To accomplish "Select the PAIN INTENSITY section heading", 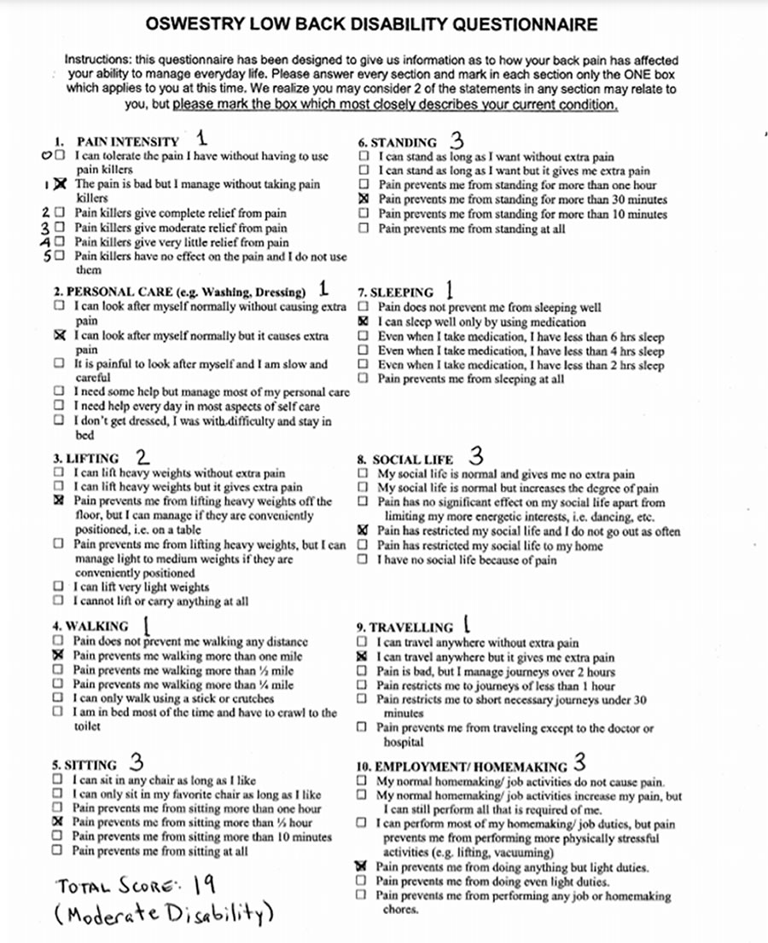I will [128, 142].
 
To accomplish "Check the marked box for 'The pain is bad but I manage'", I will [59, 184].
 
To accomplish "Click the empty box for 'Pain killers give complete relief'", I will [59, 213].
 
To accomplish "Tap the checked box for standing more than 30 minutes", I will [364, 199].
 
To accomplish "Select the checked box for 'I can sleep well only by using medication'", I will [364, 322].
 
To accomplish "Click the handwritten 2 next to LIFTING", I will [143, 457].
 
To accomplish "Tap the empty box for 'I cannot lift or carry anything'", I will [58, 601].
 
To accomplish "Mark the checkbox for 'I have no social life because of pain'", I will [364, 560].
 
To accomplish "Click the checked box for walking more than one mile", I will [58, 656].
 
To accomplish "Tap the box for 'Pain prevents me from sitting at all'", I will [58, 851].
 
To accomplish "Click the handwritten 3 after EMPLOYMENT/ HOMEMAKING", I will [580, 763].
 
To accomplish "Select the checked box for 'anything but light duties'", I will [364, 866].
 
